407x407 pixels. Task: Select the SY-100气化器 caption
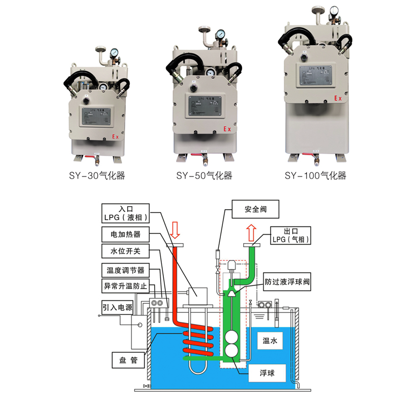coord(315,176)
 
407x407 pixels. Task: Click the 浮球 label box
coord(267,373)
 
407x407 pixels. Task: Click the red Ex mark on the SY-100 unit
coord(337,98)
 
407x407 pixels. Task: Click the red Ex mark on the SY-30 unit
coord(115,137)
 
